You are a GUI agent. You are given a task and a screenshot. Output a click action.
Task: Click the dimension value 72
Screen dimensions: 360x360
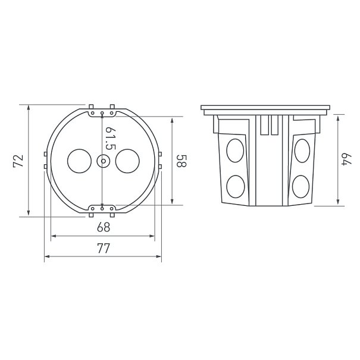pos(18,161)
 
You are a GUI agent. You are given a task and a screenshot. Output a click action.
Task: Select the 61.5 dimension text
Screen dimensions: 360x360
pos(110,138)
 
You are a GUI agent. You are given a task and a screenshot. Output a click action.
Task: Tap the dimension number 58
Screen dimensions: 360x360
pos(182,161)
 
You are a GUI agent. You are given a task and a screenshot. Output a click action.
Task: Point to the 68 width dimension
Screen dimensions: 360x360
pos(104,227)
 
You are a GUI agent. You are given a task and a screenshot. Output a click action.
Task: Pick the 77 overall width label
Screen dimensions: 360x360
pos(104,248)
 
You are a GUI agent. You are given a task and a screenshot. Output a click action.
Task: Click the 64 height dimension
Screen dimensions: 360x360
pos(347,159)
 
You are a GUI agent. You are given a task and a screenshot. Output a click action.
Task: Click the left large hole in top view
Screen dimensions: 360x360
pos(80,161)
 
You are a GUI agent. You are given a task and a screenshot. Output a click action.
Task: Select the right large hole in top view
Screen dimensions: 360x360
pos(127,161)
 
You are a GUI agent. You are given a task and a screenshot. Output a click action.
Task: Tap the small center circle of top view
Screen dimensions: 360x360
pos(104,161)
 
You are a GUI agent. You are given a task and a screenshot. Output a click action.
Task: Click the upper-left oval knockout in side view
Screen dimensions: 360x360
pos(235,151)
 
